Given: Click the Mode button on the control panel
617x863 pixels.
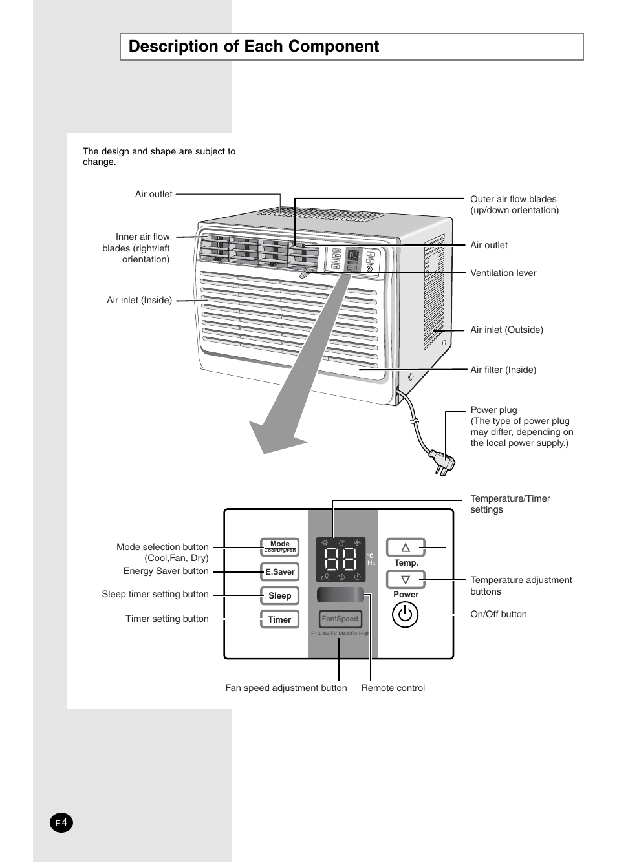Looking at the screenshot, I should click(279, 547).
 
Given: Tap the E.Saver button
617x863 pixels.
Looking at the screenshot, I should click(279, 571).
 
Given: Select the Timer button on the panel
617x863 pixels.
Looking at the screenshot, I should click(279, 619).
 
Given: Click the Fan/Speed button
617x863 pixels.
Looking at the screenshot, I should click(340, 619).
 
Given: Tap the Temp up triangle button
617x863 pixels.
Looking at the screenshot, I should click(406, 548).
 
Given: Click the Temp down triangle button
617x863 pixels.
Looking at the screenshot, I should click(406, 580).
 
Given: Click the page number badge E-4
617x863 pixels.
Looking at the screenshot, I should click(61, 823).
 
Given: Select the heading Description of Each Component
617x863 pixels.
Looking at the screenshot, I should click(254, 47).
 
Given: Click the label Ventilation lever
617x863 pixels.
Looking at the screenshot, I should click(503, 273).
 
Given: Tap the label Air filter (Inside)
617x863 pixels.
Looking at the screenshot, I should click(503, 370).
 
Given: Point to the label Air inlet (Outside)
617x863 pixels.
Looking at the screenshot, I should click(506, 330).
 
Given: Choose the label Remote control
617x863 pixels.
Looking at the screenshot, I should click(393, 688).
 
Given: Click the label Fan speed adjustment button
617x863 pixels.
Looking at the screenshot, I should click(286, 688).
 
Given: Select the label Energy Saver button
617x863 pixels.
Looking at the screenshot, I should click(166, 571).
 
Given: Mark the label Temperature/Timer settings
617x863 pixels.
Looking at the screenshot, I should click(510, 504).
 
